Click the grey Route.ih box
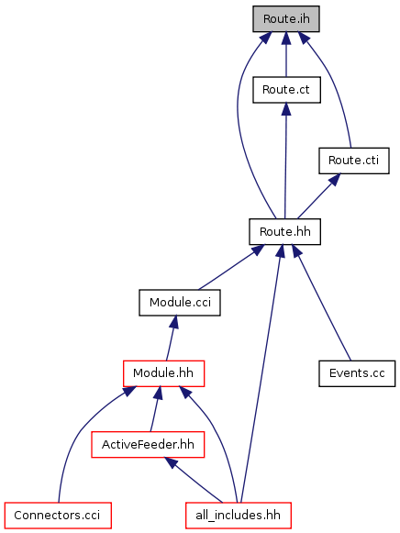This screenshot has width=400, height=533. point(286,19)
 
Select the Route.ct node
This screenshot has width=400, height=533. point(286,90)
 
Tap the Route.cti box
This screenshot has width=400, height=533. point(354,161)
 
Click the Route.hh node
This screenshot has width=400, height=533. point(284,231)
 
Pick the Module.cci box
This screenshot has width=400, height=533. point(180,303)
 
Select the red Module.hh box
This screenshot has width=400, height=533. point(163,373)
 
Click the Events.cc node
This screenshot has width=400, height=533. point(357,373)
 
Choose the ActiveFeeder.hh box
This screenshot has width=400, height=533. point(148,445)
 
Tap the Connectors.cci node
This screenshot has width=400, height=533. point(58,516)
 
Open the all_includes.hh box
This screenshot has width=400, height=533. point(239,516)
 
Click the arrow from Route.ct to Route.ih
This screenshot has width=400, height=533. point(286,54)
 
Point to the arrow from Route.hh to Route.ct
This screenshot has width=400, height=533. point(285,161)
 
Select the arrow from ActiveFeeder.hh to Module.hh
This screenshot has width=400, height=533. point(156,409)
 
